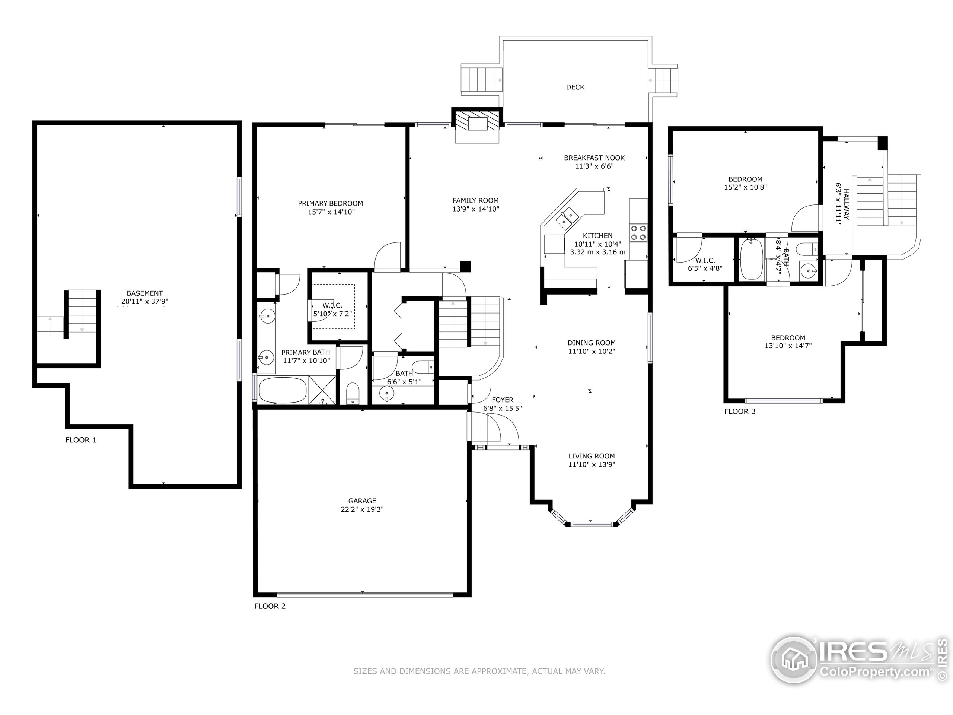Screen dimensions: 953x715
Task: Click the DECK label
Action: click(575, 87)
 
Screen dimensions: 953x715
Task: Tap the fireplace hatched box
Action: click(477, 121)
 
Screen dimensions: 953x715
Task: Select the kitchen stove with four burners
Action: click(638, 232)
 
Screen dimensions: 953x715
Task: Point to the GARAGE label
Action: click(362, 501)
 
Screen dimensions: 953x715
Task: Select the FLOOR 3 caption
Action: click(740, 411)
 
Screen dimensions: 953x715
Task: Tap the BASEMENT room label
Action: click(145, 293)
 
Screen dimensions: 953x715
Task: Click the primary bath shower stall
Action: click(323, 390)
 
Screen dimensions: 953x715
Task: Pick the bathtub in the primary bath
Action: click(283, 390)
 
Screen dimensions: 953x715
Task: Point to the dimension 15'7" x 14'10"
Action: click(331, 212)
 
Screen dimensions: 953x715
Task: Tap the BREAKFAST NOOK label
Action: click(594, 158)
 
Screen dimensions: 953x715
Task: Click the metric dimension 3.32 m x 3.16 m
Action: click(597, 252)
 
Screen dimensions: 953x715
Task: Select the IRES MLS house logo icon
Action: click(794, 660)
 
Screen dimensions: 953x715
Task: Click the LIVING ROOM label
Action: click(592, 456)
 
